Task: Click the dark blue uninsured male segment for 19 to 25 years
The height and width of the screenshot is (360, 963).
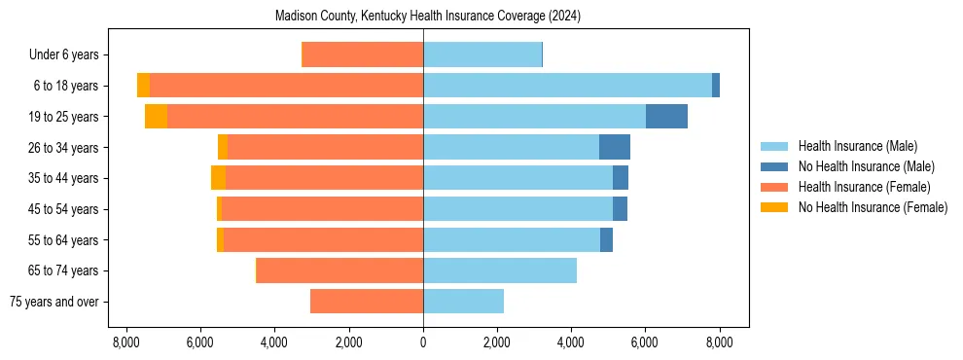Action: coord(666,117)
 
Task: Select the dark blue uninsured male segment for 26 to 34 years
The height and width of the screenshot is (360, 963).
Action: coord(614,148)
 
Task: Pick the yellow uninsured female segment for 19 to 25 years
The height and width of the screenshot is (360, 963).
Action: coord(156,117)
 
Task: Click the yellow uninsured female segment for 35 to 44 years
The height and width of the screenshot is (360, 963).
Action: coord(218,178)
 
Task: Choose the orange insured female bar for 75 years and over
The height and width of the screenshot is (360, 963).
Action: coord(367,302)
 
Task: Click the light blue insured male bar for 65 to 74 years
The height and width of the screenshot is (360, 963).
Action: coord(500,270)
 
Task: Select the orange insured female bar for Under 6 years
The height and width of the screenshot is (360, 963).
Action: coord(362,55)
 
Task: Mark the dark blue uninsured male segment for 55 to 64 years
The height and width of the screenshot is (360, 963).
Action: coord(606,240)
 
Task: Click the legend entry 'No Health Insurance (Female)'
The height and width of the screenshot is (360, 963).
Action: coord(873,207)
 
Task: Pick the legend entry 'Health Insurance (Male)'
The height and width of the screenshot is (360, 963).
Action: coord(858,146)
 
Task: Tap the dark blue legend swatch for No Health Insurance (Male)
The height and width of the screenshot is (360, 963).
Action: coord(774,166)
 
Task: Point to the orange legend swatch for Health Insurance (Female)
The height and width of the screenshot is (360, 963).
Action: coord(774,187)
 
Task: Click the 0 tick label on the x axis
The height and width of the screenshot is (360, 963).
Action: coord(423,342)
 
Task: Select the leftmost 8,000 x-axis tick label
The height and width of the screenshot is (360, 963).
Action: coord(125,342)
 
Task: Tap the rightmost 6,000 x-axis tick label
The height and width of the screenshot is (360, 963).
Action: coord(645,342)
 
